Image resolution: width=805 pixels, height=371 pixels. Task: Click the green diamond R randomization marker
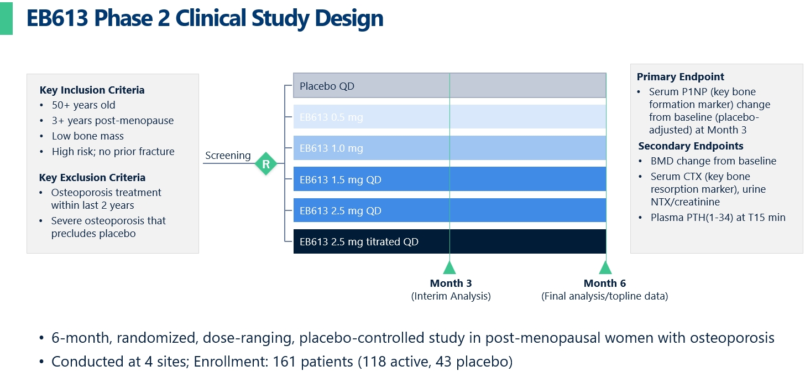(266, 164)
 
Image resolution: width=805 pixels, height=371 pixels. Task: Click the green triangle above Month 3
(449, 268)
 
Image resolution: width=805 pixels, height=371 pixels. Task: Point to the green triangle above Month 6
(605, 268)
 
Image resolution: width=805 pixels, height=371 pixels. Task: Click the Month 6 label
(605, 284)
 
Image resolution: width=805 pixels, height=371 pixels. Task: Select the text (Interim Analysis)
(451, 296)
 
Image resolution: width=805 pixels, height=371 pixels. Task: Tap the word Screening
(228, 156)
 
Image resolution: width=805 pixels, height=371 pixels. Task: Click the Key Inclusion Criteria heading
(92, 90)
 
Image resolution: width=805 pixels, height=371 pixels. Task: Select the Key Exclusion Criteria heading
(92, 178)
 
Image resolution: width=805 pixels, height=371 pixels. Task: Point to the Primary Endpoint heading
(680, 77)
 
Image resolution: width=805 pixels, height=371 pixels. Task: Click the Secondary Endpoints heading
(691, 146)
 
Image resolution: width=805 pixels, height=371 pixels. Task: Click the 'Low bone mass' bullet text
(88, 136)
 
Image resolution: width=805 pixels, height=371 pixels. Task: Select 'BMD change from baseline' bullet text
(713, 161)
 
